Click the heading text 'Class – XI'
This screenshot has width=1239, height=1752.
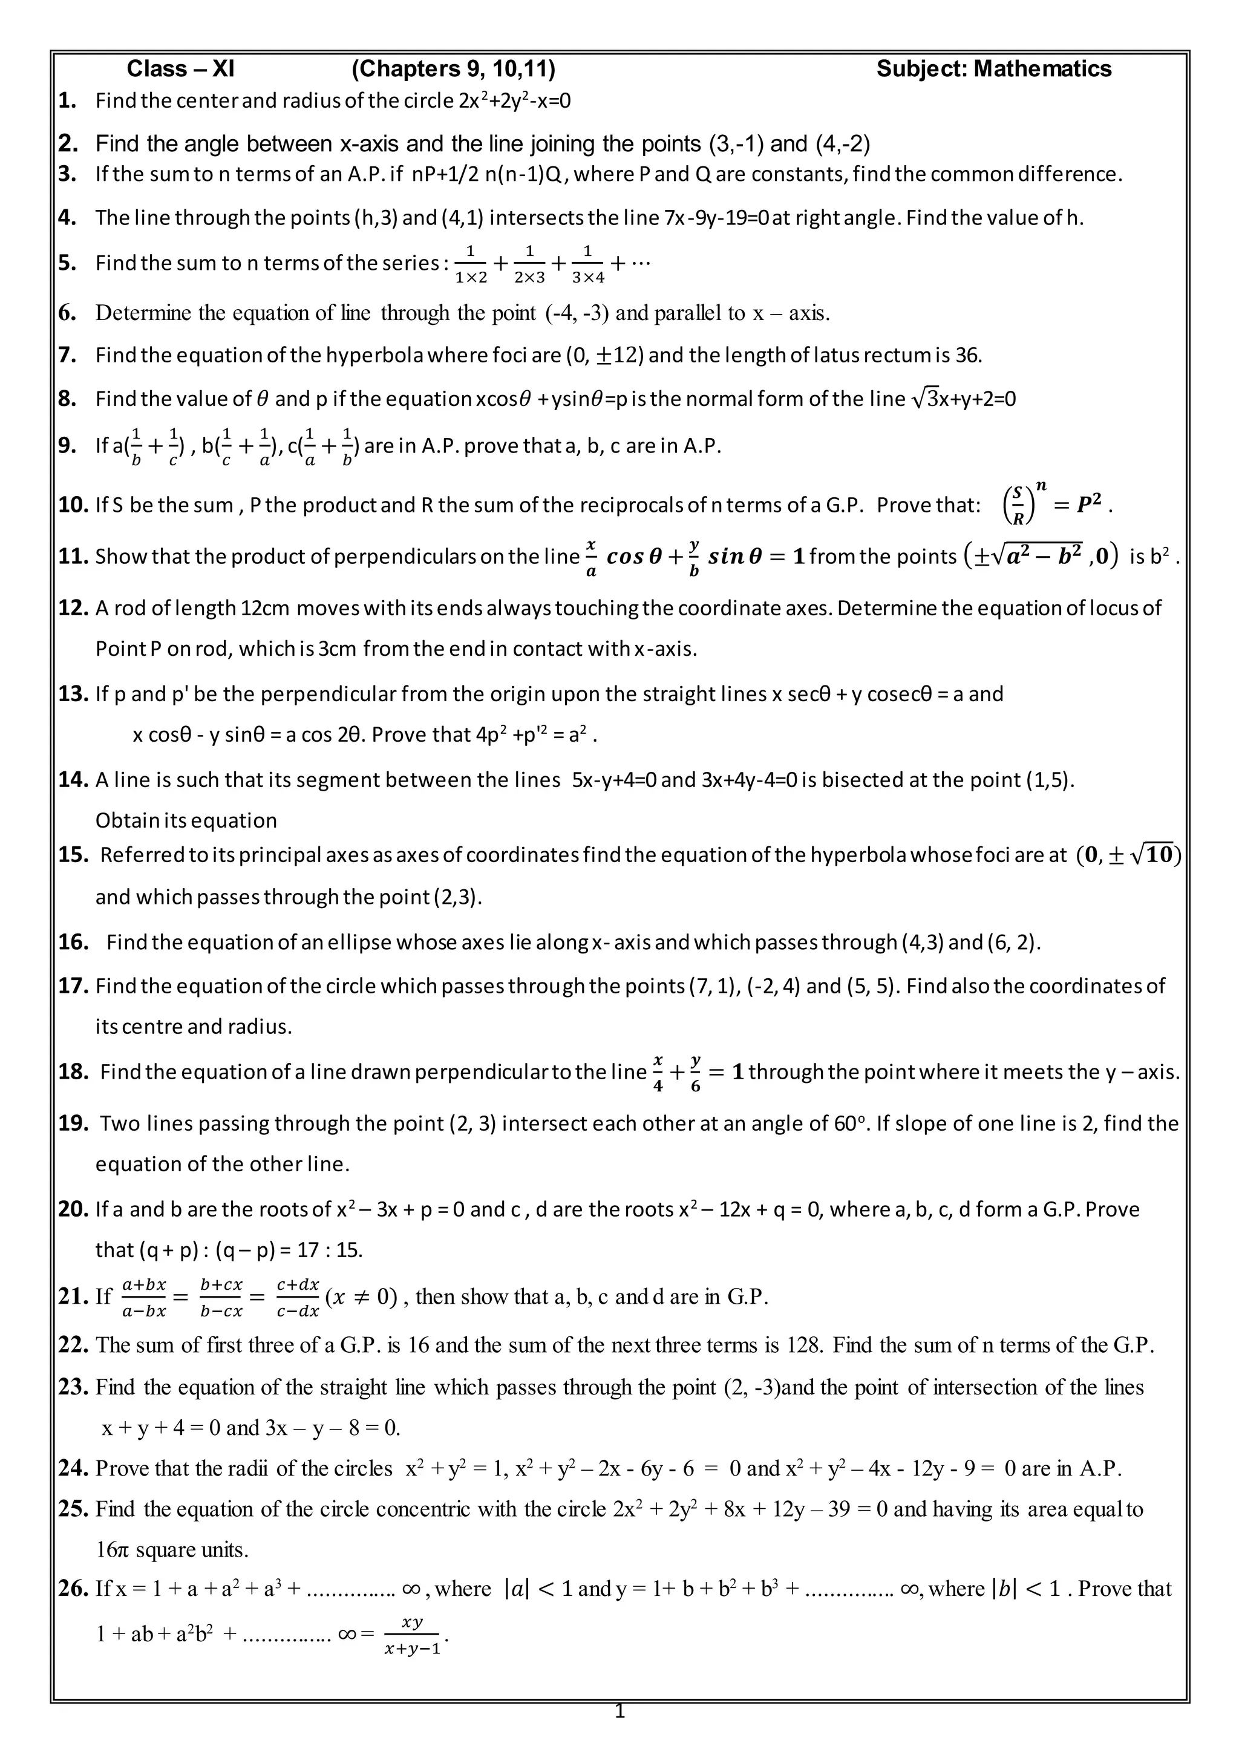point(180,70)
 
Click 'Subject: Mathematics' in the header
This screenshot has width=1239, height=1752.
point(993,70)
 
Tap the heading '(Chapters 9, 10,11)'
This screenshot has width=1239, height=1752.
point(453,70)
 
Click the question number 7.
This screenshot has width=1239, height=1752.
point(67,355)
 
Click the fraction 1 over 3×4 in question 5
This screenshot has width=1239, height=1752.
point(587,264)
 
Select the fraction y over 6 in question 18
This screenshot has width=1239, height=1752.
point(695,1072)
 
